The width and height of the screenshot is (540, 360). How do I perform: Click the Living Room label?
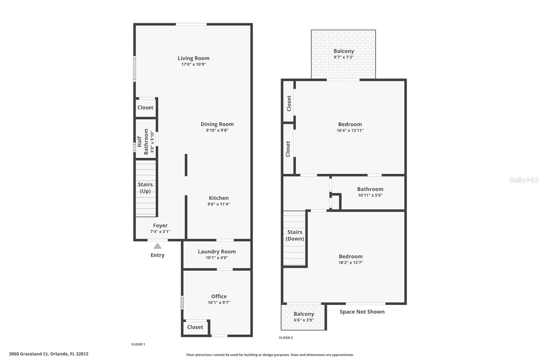point(193,58)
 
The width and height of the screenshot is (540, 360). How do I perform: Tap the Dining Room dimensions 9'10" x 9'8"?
point(217,130)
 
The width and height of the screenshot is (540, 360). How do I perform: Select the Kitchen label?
point(219,198)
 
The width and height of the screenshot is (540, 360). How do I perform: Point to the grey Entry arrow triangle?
point(157,246)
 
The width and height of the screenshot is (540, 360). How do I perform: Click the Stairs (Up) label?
point(145,188)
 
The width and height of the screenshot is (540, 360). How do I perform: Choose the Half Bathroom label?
point(143,142)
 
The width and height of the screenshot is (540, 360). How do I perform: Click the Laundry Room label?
point(217,252)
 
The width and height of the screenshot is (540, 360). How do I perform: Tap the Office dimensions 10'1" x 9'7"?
point(219,303)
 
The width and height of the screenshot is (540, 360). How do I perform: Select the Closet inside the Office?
point(195,327)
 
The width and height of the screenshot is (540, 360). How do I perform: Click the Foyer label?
point(160,225)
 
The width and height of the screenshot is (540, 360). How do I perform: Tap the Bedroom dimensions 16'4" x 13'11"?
point(350,130)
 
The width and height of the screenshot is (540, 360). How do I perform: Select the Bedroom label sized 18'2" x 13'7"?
point(350,256)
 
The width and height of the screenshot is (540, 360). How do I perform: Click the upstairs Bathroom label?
point(370,189)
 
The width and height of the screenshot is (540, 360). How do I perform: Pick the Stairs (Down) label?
point(295,235)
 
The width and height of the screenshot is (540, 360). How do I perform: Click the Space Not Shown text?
point(362,312)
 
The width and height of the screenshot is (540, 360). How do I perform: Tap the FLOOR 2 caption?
point(286,338)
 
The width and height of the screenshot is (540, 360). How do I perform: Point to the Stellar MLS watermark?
point(524,180)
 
